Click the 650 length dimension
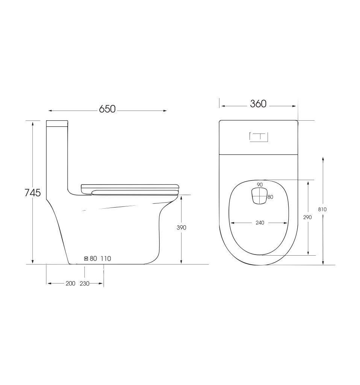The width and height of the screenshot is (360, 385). coord(107,109)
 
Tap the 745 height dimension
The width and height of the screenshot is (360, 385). coord(33,193)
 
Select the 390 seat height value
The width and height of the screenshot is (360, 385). coord(182,227)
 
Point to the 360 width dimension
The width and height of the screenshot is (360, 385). coord(258,104)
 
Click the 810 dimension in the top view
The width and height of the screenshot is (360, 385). coord(322,209)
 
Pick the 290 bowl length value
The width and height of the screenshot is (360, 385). coord(307,217)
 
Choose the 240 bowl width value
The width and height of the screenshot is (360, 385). coord(260,223)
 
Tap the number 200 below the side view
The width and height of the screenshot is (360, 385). coord(70,283)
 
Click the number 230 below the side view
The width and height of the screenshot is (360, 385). coord(85,283)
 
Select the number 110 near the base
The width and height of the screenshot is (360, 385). coord(106,259)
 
